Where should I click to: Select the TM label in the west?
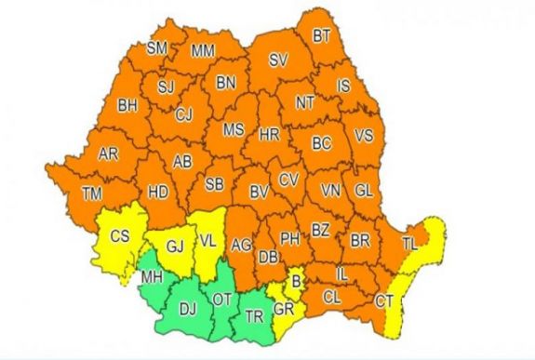pos(91,193)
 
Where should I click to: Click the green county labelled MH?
pos(151,277)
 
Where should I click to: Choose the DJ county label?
pos(188,309)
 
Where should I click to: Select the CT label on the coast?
pos(383,301)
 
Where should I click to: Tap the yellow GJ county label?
pos(176,247)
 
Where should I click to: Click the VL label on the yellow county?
pos(208,240)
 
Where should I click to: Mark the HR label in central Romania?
pos(269,135)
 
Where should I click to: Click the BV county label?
pos(260,193)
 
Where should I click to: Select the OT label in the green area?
pos(221,300)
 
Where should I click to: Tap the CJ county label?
pos(183,115)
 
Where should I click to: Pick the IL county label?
pos(341,276)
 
